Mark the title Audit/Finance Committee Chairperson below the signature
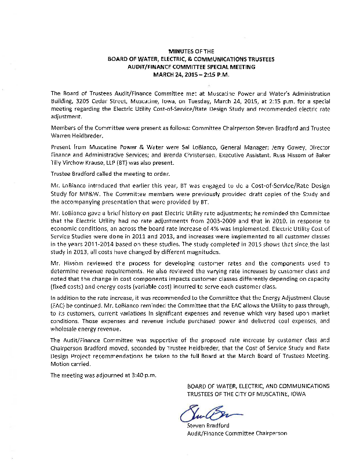(237, 433)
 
